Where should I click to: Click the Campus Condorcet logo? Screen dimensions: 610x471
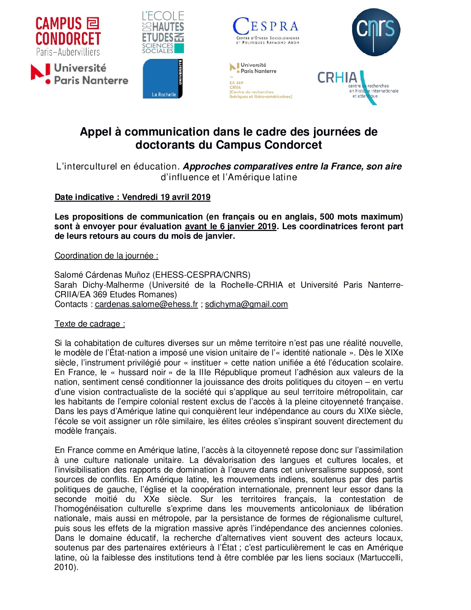coord(68,36)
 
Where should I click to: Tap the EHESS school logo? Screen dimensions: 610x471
coord(163,32)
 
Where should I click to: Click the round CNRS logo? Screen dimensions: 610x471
coord(376,32)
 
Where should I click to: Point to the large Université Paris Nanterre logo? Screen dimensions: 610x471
coord(80,74)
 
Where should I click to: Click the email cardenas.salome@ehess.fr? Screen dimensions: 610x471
coord(146,304)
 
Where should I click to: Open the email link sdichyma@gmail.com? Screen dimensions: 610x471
coord(246,304)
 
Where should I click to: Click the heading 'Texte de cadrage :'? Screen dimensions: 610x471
coord(90,324)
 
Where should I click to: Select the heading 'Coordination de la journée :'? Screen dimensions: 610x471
coord(106,256)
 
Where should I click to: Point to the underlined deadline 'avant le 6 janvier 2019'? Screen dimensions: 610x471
coord(230,226)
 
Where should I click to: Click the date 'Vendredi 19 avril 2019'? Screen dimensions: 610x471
coord(166,197)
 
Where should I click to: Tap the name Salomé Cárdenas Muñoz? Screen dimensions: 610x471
coord(102,275)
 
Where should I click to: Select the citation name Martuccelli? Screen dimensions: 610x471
coord(380,558)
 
